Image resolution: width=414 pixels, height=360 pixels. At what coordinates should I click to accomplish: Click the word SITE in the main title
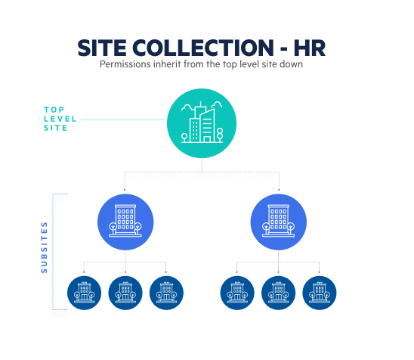102,48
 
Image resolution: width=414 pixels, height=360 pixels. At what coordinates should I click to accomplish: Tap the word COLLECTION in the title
202,48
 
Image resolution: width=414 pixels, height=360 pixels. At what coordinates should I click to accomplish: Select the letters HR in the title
310,48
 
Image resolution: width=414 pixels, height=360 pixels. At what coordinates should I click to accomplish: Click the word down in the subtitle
291,64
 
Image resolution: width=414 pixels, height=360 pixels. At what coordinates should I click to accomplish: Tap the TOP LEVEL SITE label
60,119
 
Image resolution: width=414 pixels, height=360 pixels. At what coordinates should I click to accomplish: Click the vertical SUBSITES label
44,247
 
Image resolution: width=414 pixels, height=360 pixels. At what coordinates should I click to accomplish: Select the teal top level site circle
202,123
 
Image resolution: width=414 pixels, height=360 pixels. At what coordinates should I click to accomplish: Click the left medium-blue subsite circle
125,222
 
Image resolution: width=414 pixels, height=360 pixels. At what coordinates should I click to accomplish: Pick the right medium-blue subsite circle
279,222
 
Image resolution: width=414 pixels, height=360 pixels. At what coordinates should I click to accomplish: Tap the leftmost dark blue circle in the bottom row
84,293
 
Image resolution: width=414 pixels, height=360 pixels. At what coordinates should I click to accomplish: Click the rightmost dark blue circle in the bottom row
320,293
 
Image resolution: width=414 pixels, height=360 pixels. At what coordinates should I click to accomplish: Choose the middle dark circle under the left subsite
125,293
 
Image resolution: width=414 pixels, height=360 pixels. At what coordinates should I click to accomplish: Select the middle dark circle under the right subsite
278,293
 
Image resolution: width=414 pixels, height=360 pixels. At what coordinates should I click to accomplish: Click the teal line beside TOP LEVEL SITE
122,119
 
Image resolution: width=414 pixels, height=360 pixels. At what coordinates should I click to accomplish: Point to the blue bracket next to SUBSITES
53,252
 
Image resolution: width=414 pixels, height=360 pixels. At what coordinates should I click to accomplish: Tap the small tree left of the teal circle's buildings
184,138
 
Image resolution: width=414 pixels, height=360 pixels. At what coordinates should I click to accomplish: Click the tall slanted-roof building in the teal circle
207,126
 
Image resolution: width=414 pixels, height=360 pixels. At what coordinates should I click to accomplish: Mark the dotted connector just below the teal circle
202,165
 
